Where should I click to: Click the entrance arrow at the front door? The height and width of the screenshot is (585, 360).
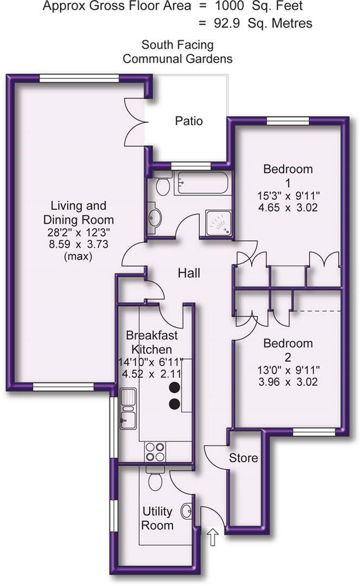213,538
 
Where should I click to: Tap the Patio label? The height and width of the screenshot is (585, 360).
189,121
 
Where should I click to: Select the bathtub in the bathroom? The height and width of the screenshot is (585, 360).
201,184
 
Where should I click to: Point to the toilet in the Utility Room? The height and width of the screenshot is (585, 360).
155,479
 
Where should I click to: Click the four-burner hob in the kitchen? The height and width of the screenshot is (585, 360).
155,452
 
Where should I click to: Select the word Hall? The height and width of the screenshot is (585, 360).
189,274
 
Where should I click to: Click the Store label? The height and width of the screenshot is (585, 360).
244,458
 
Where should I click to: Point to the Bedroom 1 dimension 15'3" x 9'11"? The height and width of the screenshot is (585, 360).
287,195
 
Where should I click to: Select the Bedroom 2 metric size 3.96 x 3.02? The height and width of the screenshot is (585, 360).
287,382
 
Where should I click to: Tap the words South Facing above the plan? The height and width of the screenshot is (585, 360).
177,44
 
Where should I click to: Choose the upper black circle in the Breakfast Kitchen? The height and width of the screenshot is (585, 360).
174,387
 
